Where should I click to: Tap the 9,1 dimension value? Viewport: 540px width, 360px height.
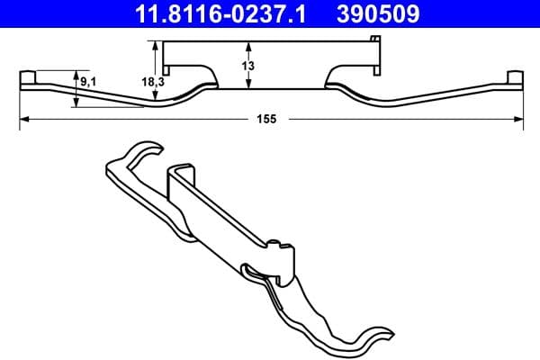pos(89,82)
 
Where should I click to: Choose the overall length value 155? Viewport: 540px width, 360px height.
pos(265,118)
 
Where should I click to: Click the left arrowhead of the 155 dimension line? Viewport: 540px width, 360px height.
pos(25,118)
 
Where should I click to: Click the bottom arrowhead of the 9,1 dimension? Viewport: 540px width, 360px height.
pos(78,103)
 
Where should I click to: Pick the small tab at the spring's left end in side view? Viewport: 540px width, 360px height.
pos(28,77)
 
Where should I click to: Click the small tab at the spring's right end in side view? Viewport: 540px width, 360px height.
pos(514,77)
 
